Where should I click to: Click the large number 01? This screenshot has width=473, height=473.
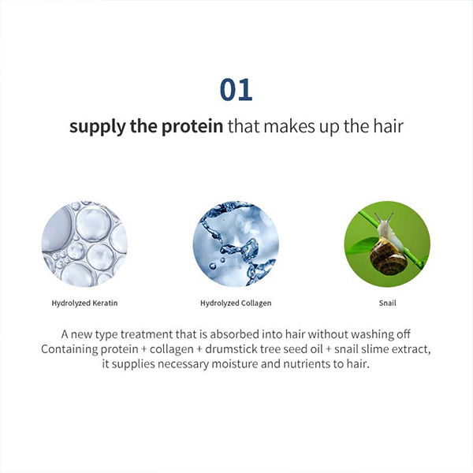[x=236, y=90]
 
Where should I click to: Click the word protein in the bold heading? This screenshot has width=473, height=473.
[x=192, y=126]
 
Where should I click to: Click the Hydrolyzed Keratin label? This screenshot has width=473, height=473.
[x=84, y=304]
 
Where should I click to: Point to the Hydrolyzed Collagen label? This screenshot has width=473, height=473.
[x=236, y=304]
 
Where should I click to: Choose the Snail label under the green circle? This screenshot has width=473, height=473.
[x=387, y=303]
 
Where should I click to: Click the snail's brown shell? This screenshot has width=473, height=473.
[x=389, y=257]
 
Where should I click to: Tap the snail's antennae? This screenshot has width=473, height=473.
[x=384, y=218]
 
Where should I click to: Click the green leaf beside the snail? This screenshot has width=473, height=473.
[x=361, y=245]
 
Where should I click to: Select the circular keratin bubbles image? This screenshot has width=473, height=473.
[x=84, y=244]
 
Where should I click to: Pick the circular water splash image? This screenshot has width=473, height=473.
[x=236, y=244]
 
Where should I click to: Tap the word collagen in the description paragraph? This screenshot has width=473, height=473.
[x=172, y=350]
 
